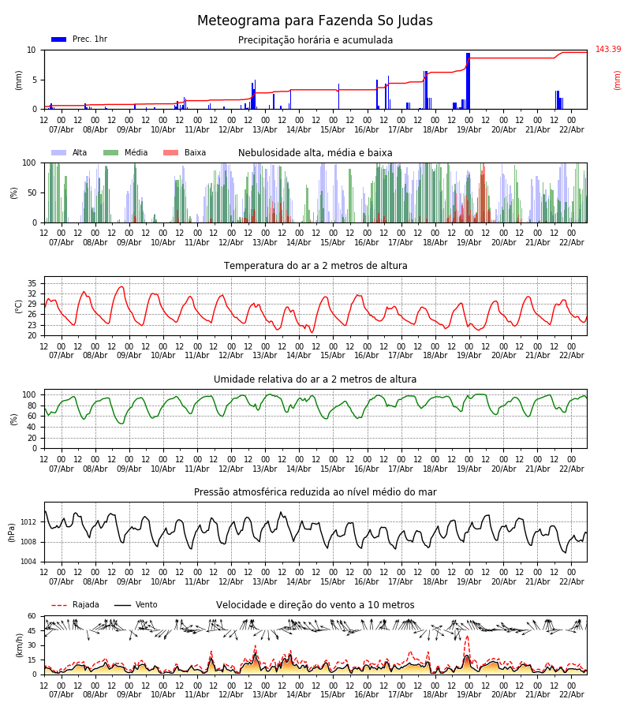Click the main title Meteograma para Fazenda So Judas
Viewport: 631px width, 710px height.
tap(315, 21)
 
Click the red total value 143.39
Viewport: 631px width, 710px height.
tap(607, 50)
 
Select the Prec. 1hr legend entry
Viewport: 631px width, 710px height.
tap(79, 39)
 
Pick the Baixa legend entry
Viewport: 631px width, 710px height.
tap(185, 153)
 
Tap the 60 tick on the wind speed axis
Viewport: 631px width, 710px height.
tap(32, 616)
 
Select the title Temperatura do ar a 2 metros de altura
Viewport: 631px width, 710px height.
tap(315, 266)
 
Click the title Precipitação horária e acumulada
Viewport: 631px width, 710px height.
tap(315, 40)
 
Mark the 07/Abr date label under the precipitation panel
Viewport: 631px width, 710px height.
tap(62, 129)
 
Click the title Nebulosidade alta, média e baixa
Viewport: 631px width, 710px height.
tap(315, 153)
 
